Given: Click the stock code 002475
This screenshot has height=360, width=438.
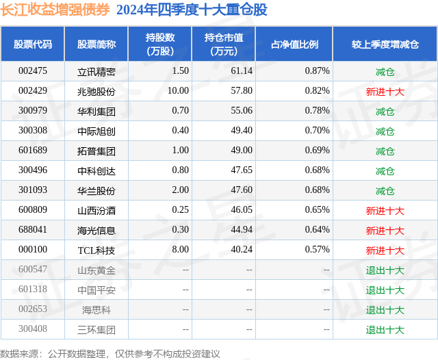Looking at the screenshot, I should (33, 71).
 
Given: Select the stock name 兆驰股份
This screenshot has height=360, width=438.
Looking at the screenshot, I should (96, 91).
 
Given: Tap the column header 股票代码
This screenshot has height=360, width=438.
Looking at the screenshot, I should (33, 44).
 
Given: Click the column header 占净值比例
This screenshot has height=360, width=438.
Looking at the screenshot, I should (299, 44).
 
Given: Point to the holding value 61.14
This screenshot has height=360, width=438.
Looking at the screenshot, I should (242, 71).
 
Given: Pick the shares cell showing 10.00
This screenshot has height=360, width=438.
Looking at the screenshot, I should (177, 91).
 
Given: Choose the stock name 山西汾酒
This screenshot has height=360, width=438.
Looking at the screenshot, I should (96, 210).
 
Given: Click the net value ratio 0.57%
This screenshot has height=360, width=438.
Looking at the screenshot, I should (317, 250).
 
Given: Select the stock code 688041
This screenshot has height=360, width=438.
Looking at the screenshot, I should (33, 230).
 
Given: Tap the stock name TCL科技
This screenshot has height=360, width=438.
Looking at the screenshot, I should (96, 250).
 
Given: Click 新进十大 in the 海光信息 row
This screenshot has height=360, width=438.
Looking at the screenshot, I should (385, 230).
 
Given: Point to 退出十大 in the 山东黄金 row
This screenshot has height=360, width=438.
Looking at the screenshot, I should (385, 270).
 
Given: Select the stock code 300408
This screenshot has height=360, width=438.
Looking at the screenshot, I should (33, 329).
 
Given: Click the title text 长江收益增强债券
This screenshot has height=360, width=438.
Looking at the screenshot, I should (55, 10).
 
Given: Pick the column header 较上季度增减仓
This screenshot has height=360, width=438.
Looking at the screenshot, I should (385, 44).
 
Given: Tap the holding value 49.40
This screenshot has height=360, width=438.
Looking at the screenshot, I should (242, 131).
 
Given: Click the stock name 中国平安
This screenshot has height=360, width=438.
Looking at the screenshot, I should (96, 290).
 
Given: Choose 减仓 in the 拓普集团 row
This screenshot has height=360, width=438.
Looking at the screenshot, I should (385, 151).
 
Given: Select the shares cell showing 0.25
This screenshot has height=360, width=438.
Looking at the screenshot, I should (180, 210).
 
